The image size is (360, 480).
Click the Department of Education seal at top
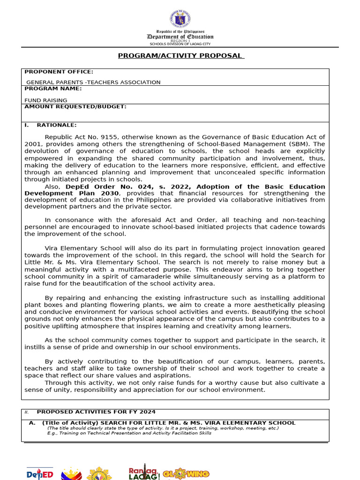coord(180,19)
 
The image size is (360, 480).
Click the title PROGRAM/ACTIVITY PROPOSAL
coord(180,56)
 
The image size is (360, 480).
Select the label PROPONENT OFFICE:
coord(59,72)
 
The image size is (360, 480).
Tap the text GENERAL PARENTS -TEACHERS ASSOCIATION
coord(93,82)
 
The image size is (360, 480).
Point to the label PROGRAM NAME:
coord(53,88)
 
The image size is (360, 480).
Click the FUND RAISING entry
coord(46,100)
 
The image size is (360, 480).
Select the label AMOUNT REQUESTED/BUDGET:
coord(75,106)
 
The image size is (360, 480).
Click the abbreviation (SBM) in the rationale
coord(300,144)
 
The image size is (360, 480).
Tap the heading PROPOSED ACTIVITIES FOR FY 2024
coord(96,412)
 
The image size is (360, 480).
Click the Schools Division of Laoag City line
coord(180,44)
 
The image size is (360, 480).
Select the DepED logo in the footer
coord(40,474)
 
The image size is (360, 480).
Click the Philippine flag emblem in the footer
coord(72,473)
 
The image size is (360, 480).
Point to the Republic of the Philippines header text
coord(180,31)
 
